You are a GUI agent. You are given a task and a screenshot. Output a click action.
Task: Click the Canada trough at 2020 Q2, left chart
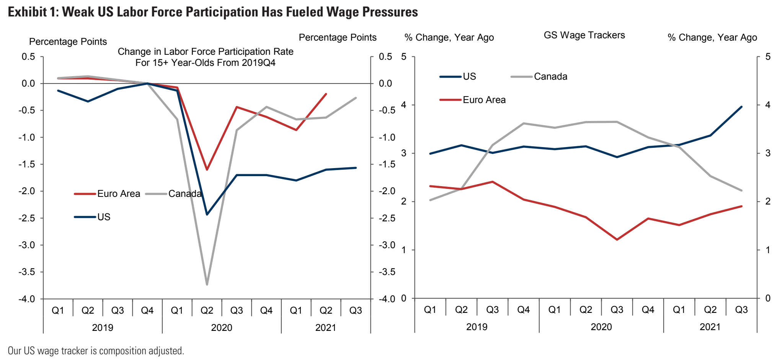coord(207,285)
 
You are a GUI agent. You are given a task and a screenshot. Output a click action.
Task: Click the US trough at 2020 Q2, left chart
coord(207,214)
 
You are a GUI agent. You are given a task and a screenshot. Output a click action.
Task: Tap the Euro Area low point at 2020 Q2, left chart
coord(207,169)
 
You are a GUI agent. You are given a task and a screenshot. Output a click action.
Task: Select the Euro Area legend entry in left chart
coord(118,194)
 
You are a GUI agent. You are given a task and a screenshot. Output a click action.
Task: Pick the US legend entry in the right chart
coord(469,77)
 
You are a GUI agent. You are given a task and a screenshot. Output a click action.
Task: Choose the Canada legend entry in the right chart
coord(550,77)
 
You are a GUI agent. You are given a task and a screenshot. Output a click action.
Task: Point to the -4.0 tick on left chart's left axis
coord(27,299)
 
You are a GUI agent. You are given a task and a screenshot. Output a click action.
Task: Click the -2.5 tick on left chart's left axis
coord(27,218)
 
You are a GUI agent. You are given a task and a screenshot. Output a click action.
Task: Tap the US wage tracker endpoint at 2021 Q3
coord(741,107)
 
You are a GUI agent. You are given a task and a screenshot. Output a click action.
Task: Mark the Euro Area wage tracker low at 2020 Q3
coord(617,240)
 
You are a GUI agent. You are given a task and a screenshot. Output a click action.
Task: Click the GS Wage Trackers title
coord(584,35)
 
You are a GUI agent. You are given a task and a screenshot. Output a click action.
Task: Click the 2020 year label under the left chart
coord(222,328)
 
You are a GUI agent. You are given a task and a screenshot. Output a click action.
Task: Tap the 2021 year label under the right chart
coord(710,327)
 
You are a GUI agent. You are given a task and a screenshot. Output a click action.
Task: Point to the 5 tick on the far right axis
coord(768,57)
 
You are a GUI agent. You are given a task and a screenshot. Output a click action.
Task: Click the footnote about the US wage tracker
coord(96,351)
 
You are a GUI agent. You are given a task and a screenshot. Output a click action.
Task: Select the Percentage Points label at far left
coord(68,42)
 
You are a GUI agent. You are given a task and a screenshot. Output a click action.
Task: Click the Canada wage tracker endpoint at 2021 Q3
coord(741,190)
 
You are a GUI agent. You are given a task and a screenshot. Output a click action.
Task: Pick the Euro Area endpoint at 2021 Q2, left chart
coord(326,94)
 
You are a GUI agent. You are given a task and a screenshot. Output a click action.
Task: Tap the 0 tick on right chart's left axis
coord(404,298)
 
